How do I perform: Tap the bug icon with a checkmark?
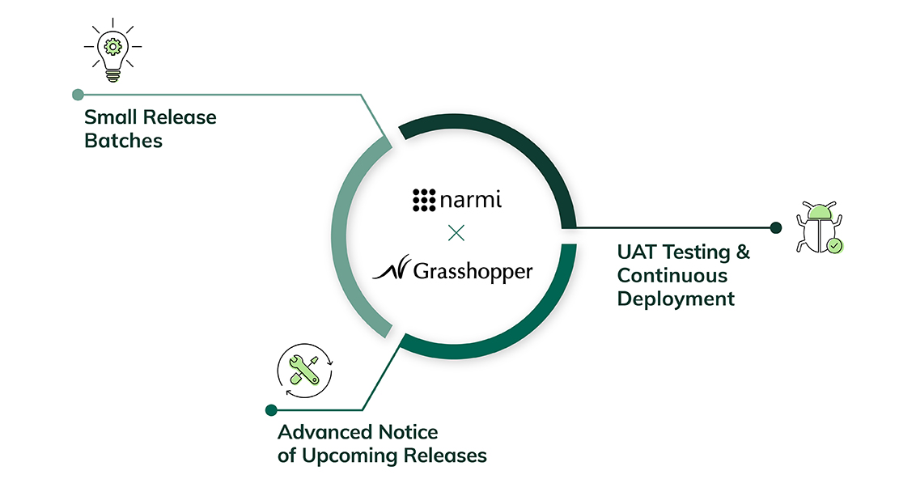(819, 229)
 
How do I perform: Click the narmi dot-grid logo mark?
(424, 199)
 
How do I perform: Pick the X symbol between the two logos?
(456, 234)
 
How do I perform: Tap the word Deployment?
(676, 299)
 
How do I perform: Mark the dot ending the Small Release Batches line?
(78, 95)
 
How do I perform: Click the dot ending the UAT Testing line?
(775, 227)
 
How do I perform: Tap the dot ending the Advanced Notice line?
(271, 410)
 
